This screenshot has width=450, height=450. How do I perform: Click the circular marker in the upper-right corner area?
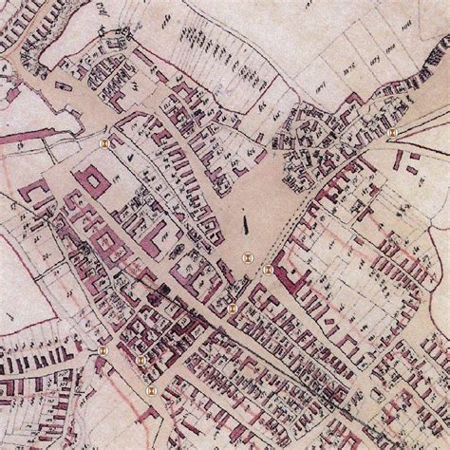391,133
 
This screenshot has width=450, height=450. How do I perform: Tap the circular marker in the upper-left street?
103,141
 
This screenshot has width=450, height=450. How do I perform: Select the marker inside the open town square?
245,256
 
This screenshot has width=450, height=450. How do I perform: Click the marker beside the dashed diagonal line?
269,270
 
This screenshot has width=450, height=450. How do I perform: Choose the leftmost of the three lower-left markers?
103,350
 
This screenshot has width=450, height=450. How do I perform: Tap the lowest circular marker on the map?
148,388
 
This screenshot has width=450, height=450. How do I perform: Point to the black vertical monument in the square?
246,224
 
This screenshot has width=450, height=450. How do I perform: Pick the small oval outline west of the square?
178,249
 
